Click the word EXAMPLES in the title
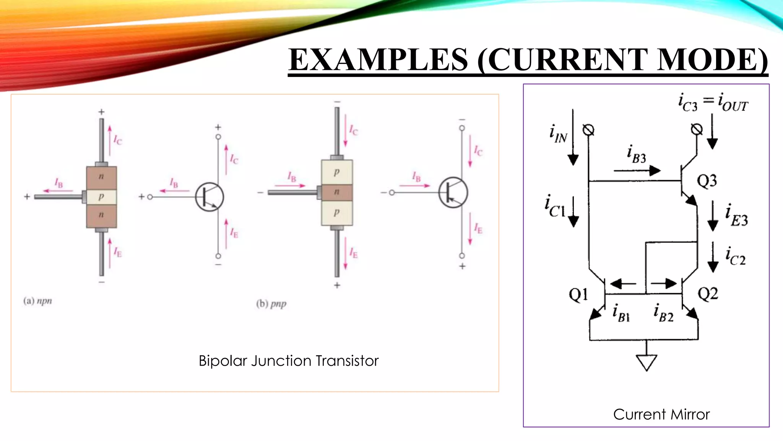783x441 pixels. pyautogui.click(x=378, y=60)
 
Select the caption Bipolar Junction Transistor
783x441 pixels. pyautogui.click(x=288, y=361)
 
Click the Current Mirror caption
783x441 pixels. pyautogui.click(x=661, y=415)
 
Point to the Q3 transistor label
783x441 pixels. pyautogui.click(x=707, y=181)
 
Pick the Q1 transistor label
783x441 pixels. pyautogui.click(x=578, y=294)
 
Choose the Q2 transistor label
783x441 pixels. pyautogui.click(x=708, y=294)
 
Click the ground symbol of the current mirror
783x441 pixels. pyautogui.click(x=647, y=362)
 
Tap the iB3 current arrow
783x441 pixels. pyautogui.click(x=637, y=171)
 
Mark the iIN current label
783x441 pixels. pyautogui.click(x=558, y=134)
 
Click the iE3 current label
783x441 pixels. pyautogui.click(x=736, y=216)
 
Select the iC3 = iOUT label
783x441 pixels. pyautogui.click(x=713, y=103)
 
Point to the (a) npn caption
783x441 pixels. pyautogui.click(x=37, y=301)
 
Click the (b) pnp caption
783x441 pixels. pyautogui.click(x=271, y=304)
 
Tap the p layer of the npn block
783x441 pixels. pyautogui.click(x=101, y=197)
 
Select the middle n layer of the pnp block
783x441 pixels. pyautogui.click(x=336, y=192)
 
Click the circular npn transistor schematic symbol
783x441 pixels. pyautogui.click(x=210, y=197)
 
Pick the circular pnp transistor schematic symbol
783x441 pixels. pyautogui.click(x=453, y=192)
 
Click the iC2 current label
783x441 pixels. pyautogui.click(x=736, y=256)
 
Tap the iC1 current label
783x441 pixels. pyautogui.click(x=555, y=206)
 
